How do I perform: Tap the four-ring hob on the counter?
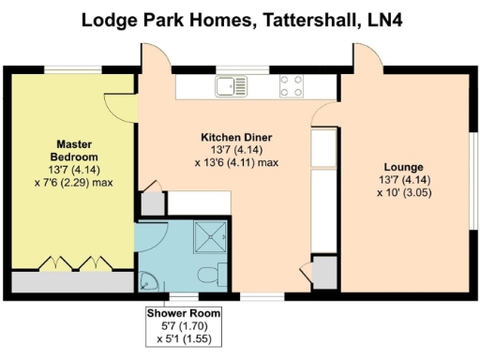point(291,86)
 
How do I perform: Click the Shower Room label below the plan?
point(184,312)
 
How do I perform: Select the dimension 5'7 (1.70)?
point(184,324)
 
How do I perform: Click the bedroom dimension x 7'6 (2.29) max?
point(75,182)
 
